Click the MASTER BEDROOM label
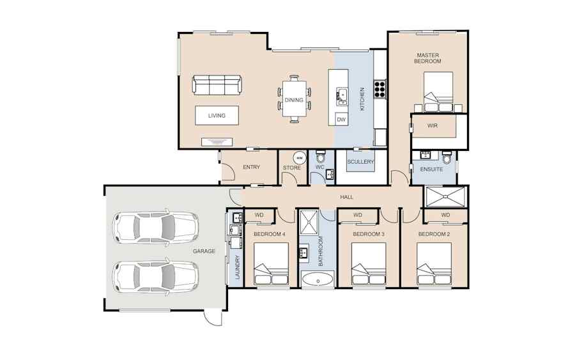(427, 58)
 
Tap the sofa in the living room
(217, 85)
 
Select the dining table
(294, 100)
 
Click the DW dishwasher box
(341, 120)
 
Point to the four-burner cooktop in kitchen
(380, 88)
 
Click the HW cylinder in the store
(300, 158)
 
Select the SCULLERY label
(360, 162)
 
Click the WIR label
(433, 125)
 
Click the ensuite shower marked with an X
(445, 196)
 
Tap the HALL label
(346, 197)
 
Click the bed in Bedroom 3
(369, 263)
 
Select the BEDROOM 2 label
(434, 234)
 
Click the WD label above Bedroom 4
(259, 215)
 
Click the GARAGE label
(204, 251)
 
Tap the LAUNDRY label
(237, 267)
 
